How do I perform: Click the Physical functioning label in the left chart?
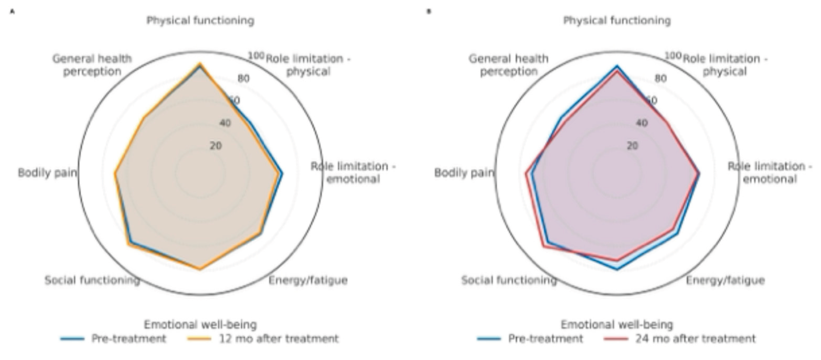pos(200,21)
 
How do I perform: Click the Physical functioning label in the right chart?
pos(617,21)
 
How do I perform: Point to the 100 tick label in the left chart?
pos(256,56)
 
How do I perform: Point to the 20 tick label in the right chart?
pos(632,146)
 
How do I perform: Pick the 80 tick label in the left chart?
pos(243,79)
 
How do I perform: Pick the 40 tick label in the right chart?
pos(642,123)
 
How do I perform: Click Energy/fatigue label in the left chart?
pos(308,281)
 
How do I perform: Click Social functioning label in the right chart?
pos(509,281)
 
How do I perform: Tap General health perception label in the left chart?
pos(92,65)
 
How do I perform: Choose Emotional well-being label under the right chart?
pos(617,325)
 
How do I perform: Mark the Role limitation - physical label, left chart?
pos(308,65)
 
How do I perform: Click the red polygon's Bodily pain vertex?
pos(526,173)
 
